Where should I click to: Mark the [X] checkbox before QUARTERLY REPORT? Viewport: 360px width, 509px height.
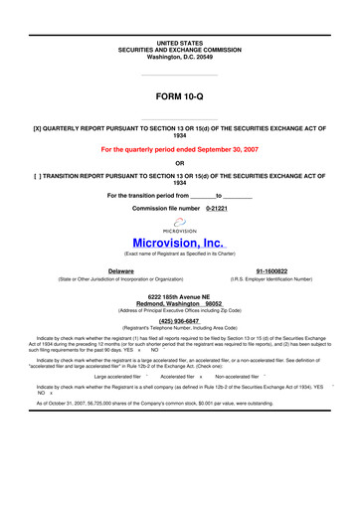pyautogui.click(x=38, y=129)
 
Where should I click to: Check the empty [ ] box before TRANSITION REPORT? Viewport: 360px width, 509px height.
pyautogui.click(x=38, y=175)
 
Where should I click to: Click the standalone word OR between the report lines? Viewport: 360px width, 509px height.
pyautogui.click(x=179, y=162)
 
